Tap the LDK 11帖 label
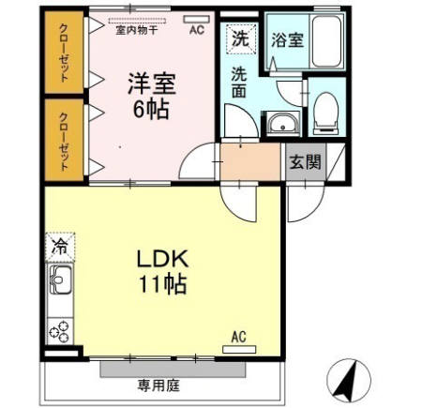click(163, 270)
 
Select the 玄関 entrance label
click(304, 161)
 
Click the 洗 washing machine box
click(240, 40)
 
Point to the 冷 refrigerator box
click(59, 249)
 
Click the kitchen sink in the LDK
click(60, 280)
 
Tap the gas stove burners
click(59, 329)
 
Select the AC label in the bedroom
click(196, 29)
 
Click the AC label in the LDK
click(238, 337)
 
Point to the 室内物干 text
click(136, 29)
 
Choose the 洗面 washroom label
click(240, 83)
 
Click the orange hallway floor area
click(250, 160)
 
